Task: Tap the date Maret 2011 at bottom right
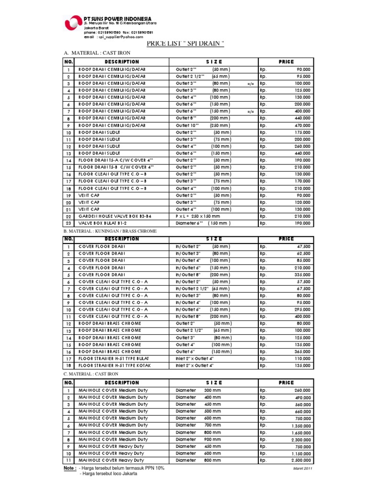(x=301, y=469)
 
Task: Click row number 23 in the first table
(x=69, y=223)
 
